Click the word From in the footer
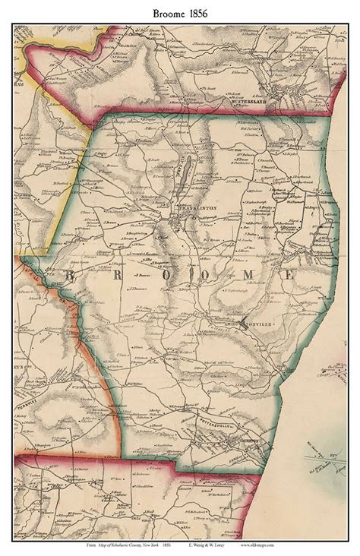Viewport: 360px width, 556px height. pyautogui.click(x=93, y=545)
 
